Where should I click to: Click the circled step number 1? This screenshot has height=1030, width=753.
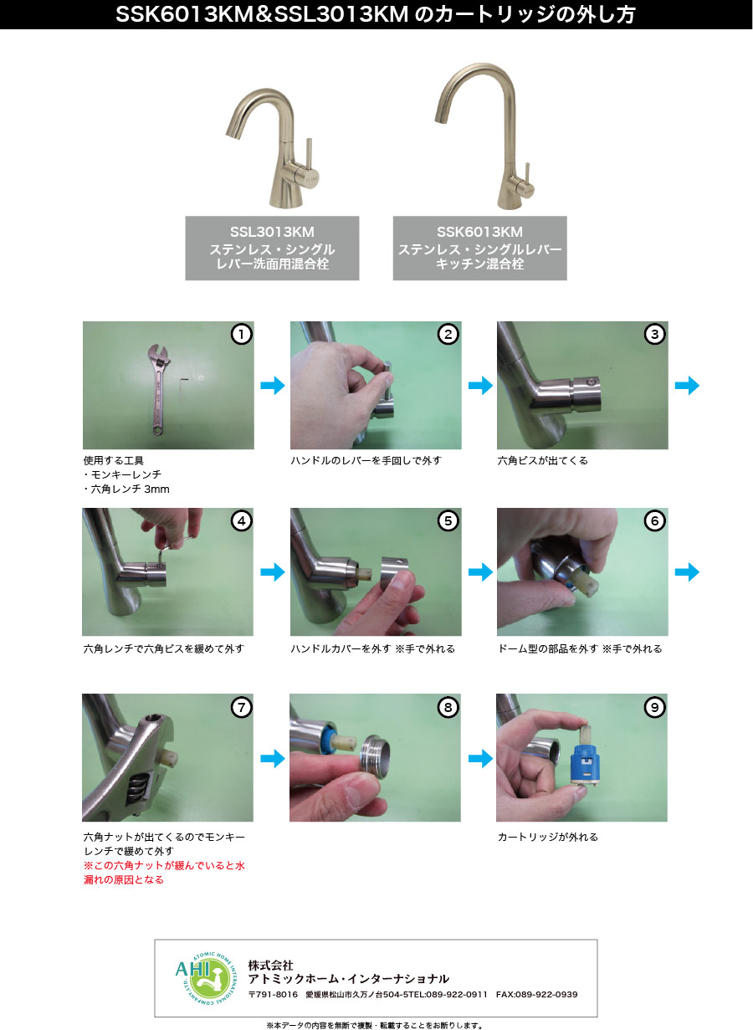[x=241, y=335]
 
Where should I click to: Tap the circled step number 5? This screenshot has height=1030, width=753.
[x=448, y=521]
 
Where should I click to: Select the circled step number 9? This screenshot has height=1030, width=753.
[x=654, y=708]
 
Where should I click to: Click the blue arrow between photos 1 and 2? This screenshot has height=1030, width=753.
[x=273, y=386]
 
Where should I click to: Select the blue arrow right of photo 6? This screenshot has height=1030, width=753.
[x=687, y=572]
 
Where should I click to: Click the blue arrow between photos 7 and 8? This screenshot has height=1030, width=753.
[x=273, y=759]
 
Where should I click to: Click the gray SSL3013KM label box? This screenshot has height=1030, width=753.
[x=272, y=249]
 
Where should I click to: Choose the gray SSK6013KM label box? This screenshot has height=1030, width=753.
[x=480, y=249]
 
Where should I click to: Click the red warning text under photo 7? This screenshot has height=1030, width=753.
[x=164, y=873]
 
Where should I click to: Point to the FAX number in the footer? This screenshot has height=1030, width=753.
[x=536, y=994]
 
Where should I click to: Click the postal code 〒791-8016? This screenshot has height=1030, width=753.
[x=273, y=994]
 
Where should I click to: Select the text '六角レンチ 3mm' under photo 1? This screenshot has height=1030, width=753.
[x=126, y=489]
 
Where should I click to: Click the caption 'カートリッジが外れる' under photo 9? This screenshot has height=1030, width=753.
[x=547, y=837]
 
